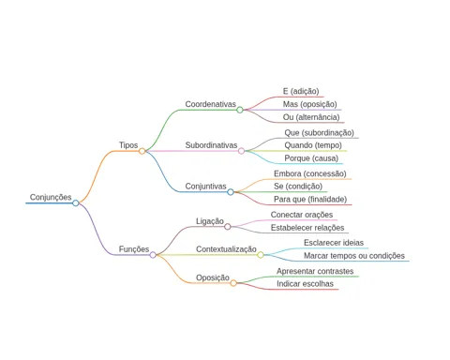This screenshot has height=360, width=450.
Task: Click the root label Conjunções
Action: (51, 197)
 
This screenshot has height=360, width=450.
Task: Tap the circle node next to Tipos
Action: (142, 151)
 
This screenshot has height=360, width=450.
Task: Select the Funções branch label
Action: (134, 249)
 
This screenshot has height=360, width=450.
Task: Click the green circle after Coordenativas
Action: (240, 110)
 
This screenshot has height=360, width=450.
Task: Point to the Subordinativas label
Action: (211, 145)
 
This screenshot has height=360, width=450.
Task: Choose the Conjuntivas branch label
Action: (205, 187)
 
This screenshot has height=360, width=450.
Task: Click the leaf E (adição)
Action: (301, 91)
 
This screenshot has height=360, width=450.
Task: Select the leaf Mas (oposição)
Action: (309, 104)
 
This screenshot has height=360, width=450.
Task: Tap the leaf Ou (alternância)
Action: (311, 117)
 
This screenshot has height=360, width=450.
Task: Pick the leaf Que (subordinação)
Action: (319, 133)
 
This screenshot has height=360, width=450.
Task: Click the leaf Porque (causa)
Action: (311, 158)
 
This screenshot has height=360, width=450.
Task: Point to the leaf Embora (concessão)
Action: (310, 173)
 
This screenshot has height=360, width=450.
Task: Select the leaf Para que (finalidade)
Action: (310, 200)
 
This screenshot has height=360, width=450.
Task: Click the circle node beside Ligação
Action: (228, 227)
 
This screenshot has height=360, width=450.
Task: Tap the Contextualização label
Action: (226, 249)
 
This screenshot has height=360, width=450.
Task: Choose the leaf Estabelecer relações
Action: (307, 228)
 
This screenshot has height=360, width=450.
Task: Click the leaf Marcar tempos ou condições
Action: (354, 256)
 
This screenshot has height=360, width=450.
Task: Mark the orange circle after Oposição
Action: (233, 283)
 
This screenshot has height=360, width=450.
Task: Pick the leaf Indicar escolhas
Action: (305, 284)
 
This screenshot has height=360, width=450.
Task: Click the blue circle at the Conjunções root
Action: (76, 203)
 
